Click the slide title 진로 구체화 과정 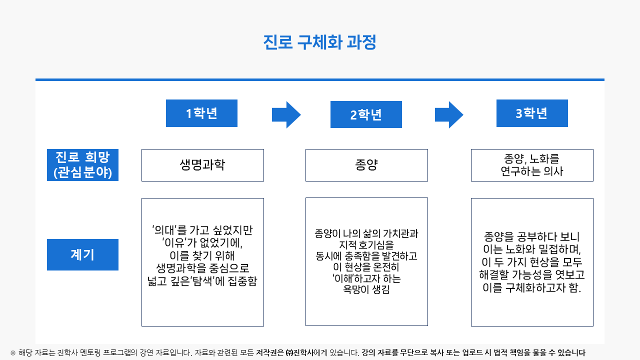319,42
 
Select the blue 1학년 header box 201,113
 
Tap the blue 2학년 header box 366,114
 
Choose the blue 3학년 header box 532,113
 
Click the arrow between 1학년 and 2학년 286,114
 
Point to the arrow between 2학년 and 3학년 449,114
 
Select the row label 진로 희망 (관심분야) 82,165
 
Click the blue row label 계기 82,254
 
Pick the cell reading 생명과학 202,165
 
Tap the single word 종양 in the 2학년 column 366,165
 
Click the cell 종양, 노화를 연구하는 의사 532,165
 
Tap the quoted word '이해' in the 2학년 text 343,278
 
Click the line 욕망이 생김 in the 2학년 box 366,289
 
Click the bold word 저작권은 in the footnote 269,352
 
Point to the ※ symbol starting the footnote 13,353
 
